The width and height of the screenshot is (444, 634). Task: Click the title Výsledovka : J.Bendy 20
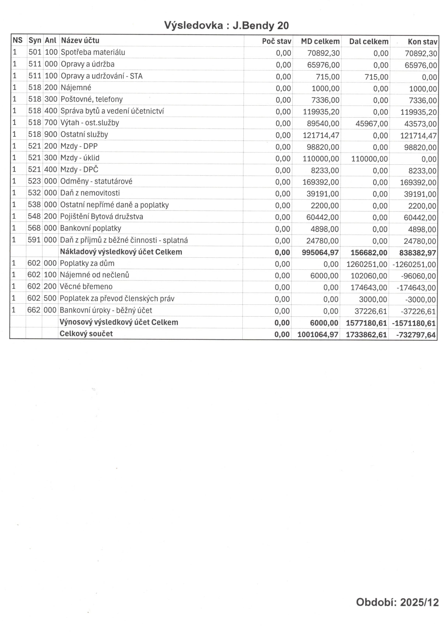(x=226, y=25)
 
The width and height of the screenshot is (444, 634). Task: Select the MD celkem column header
(x=320, y=42)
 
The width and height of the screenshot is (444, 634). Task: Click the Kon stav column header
(x=422, y=42)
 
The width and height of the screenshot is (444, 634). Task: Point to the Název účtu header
(x=80, y=40)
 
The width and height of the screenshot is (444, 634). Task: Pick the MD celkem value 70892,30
(x=323, y=53)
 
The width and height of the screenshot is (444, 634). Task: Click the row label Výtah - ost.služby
(x=90, y=123)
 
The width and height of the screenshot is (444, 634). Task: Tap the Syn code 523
(x=34, y=181)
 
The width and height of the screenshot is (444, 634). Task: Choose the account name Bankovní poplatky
(x=90, y=228)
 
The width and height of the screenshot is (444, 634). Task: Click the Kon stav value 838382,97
(x=417, y=253)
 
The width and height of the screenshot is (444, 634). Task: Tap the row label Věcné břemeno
(x=86, y=287)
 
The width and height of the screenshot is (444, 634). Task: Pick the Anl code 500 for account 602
(x=50, y=298)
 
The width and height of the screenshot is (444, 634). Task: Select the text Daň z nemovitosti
(x=90, y=193)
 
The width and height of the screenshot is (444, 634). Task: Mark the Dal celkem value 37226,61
(x=371, y=311)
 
